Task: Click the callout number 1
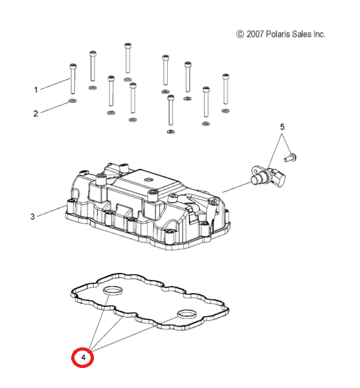36,90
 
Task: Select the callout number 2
36,114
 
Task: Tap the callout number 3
32,217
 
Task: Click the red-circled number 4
83,358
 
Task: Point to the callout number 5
282,127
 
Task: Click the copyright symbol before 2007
240,34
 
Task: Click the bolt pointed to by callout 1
73,79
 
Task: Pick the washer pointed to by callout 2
73,101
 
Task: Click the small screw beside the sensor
290,158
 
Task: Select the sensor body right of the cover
268,176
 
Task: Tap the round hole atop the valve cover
149,179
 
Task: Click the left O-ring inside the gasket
113,291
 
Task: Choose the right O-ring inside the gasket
187,314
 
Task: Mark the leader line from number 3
51,211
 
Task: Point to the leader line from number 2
55,107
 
